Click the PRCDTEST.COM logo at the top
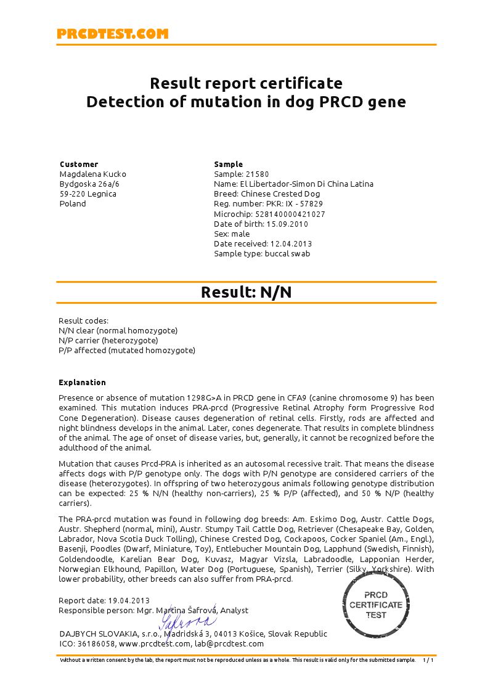pyautogui.click(x=112, y=35)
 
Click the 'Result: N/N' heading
pyautogui.click(x=246, y=293)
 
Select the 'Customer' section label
pyautogui.click(x=79, y=165)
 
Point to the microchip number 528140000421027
pyautogui.click(x=287, y=214)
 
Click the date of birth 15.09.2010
pyautogui.click(x=287, y=224)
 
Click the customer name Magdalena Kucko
pyautogui.click(x=92, y=174)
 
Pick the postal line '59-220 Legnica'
pyautogui.click(x=88, y=194)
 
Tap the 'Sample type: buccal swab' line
pyautogui.click(x=262, y=253)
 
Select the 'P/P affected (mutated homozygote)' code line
pyautogui.click(x=127, y=351)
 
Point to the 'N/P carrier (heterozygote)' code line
pyautogui.click(x=108, y=341)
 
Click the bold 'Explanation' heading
pyautogui.click(x=82, y=383)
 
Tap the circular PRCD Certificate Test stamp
pyautogui.click(x=376, y=605)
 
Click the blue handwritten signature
pyautogui.click(x=188, y=621)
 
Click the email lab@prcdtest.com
pyautogui.click(x=229, y=644)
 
